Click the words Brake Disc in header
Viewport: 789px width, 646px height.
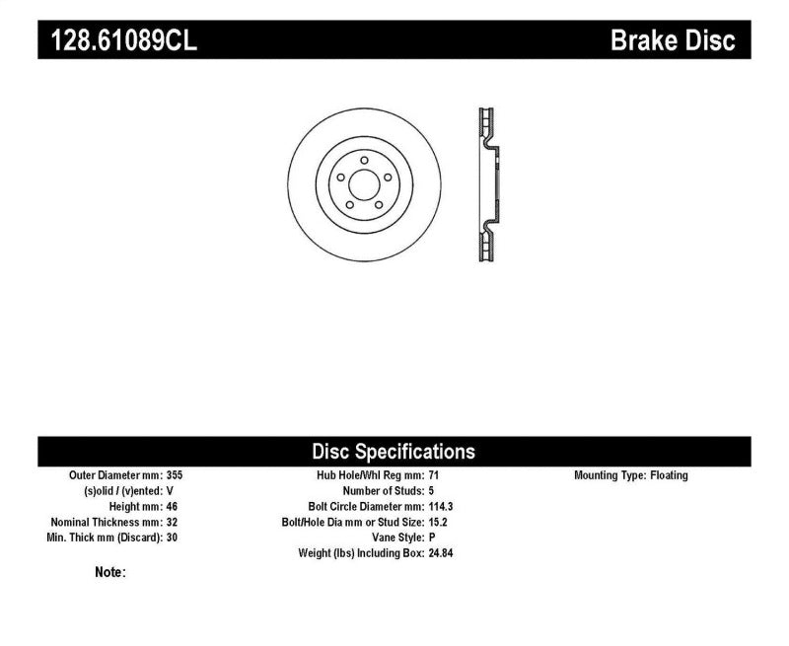pos(674,41)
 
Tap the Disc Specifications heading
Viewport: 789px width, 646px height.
pos(394,452)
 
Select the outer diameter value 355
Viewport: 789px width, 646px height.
pos(176,475)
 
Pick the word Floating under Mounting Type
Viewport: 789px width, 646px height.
pos(669,475)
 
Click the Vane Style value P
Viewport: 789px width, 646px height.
pos(432,538)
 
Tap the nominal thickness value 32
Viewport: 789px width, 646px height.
pos(173,522)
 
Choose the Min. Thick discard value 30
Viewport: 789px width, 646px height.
pos(173,538)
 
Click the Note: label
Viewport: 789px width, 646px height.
pos(110,572)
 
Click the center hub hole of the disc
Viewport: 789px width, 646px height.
pos(363,183)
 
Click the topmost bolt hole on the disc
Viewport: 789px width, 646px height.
pos(363,160)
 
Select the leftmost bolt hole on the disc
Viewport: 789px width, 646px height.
pos(340,177)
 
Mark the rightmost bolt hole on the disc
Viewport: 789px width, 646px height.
pos(386,177)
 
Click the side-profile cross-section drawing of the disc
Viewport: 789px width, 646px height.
pos(487,183)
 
